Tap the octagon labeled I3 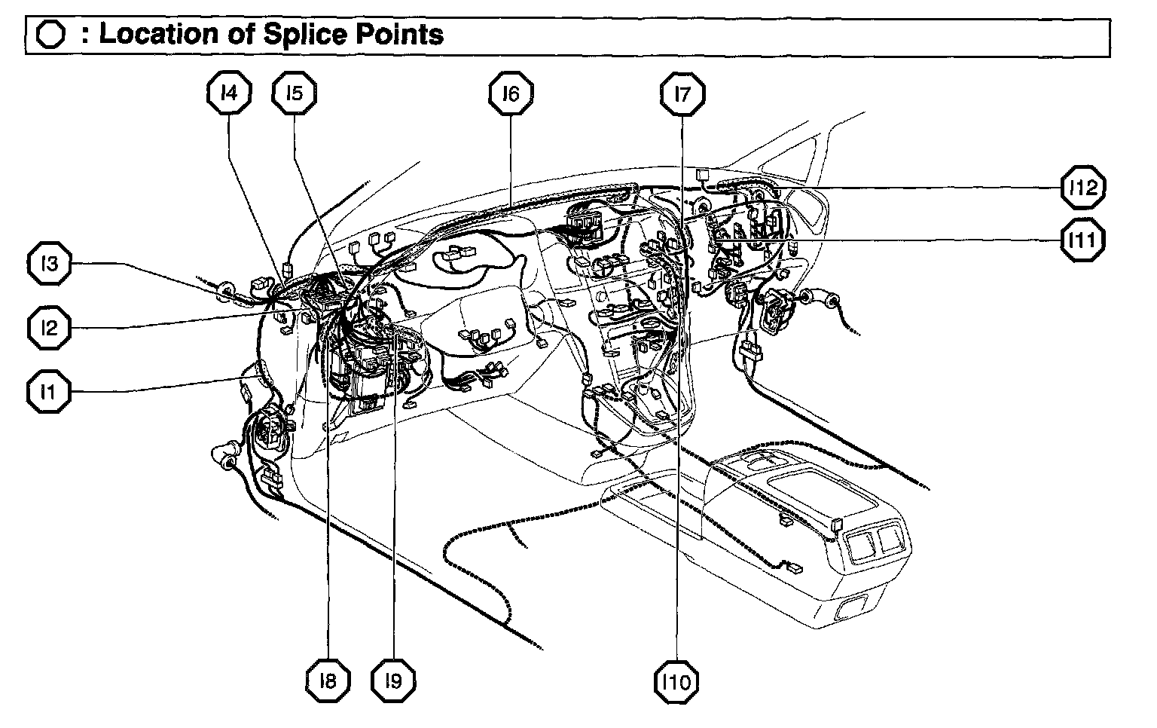(50, 265)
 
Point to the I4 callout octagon (228, 93)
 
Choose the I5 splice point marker (294, 93)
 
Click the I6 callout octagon (511, 94)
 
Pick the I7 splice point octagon (682, 94)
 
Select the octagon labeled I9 (393, 681)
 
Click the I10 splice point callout (676, 683)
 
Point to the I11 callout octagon (1082, 240)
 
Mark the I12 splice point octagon (1082, 187)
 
